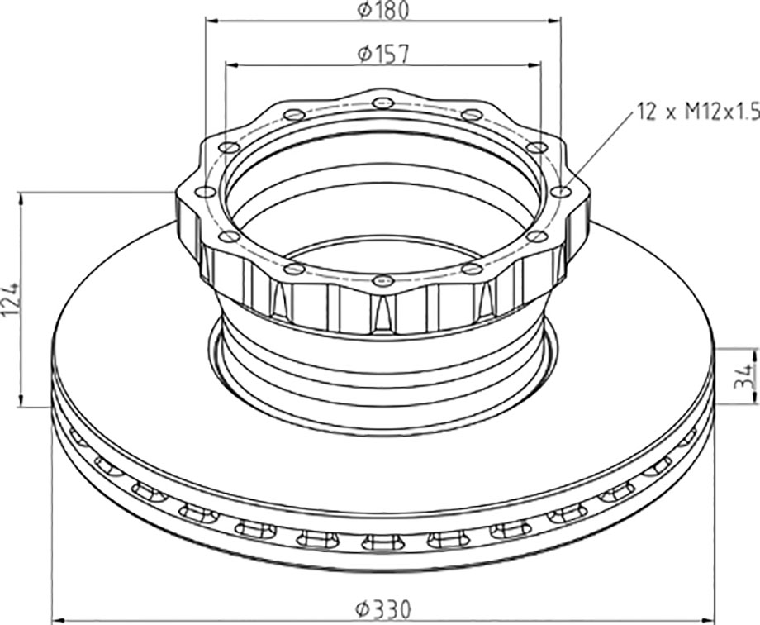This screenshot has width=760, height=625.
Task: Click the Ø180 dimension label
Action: pyautogui.click(x=383, y=10)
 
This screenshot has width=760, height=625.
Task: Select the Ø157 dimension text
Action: pyautogui.click(x=383, y=54)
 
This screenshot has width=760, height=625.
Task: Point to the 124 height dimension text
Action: pyautogui.click(x=11, y=299)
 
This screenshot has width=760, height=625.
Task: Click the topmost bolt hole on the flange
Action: pyautogui.click(x=383, y=103)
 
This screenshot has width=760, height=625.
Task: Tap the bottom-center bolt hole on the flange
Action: pyautogui.click(x=383, y=280)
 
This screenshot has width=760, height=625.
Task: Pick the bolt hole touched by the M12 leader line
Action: pyautogui.click(x=561, y=192)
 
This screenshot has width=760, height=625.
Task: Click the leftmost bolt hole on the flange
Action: pyautogui.click(x=206, y=192)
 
